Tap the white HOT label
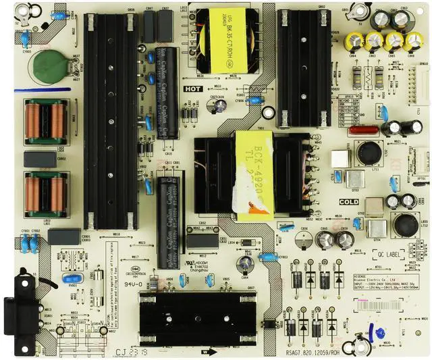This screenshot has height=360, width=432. (x=192, y=88)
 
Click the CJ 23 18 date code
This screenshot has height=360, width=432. (x=129, y=351)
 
